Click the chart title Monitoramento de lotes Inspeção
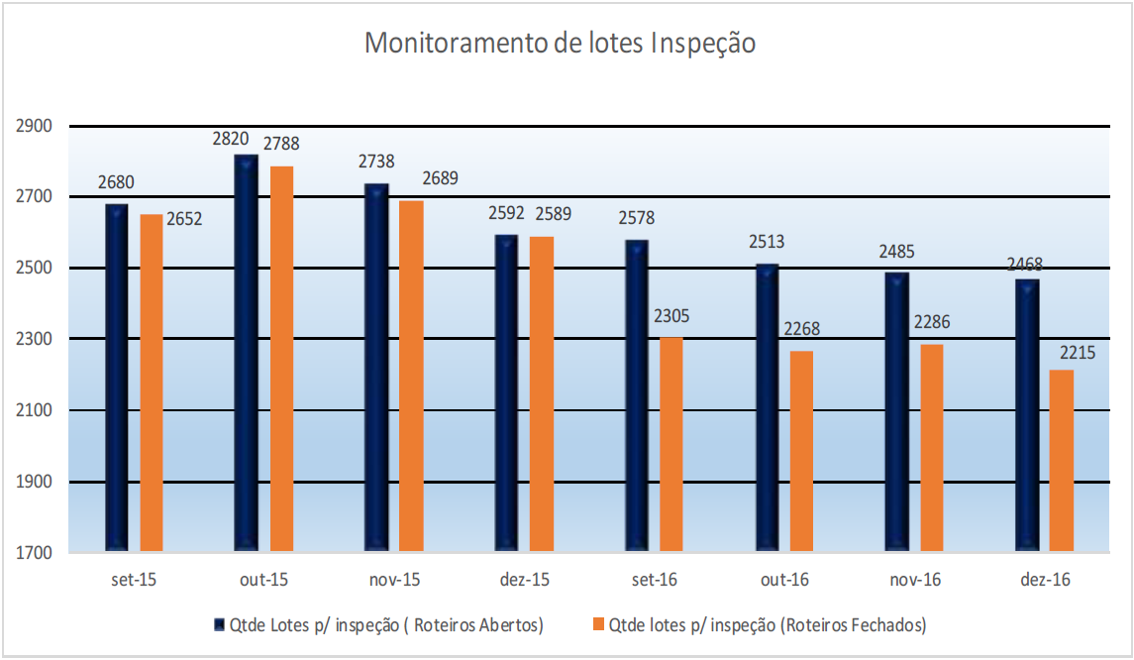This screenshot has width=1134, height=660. [x=561, y=44]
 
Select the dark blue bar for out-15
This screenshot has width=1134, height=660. [x=247, y=352]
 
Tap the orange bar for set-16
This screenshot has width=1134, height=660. [x=671, y=443]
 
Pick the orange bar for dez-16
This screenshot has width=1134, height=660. [x=1062, y=460]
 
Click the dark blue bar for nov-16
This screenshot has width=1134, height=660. [x=897, y=410]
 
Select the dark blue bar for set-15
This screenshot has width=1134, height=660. [x=117, y=377]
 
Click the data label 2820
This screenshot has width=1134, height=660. [x=231, y=139]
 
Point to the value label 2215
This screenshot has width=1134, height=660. [x=1076, y=352]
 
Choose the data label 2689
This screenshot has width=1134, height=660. [x=440, y=178]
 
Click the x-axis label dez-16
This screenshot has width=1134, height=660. [x=1045, y=580]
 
